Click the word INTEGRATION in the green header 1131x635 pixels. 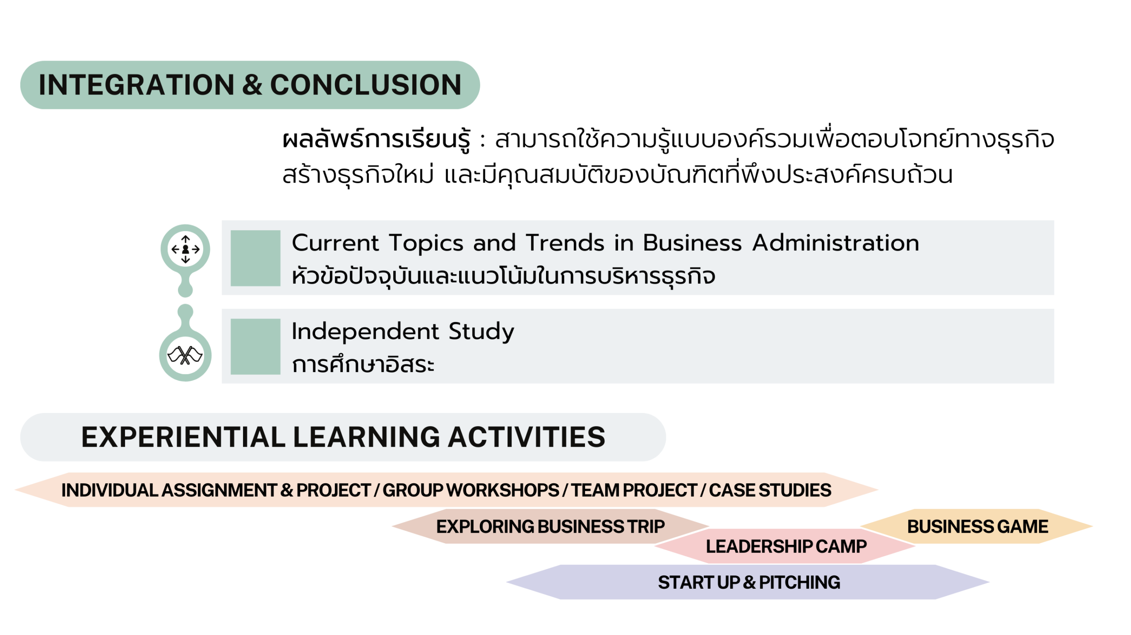pyautogui.click(x=137, y=85)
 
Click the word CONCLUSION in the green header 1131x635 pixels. pyautogui.click(x=366, y=85)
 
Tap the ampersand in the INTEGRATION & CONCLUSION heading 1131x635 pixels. pyautogui.click(x=252, y=85)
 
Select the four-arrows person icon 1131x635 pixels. pyautogui.click(x=185, y=249)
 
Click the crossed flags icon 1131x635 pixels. pyautogui.click(x=185, y=355)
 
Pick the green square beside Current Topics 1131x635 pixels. pyautogui.click(x=255, y=258)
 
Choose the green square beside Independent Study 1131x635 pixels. pyautogui.click(x=255, y=346)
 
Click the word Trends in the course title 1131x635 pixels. pyautogui.click(x=565, y=243)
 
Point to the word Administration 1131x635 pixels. pyautogui.click(x=836, y=243)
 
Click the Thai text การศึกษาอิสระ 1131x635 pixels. pyautogui.click(x=363, y=364)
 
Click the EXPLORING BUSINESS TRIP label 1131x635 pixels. pyautogui.click(x=550, y=526)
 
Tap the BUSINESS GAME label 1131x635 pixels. pyautogui.click(x=978, y=526)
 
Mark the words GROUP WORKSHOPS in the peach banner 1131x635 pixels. pyautogui.click(x=471, y=490)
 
